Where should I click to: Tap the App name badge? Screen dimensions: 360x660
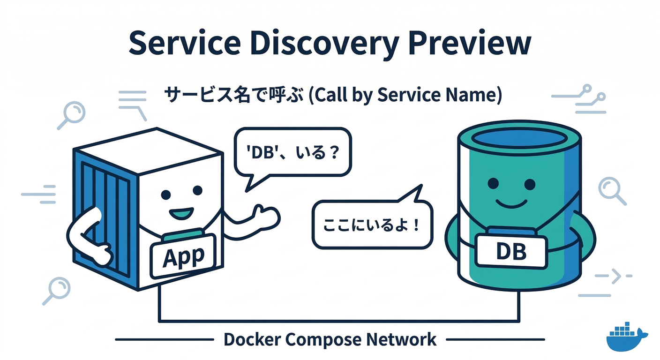183,255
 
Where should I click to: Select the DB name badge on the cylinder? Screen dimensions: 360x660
511,252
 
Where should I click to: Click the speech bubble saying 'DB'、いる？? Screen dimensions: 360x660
292,153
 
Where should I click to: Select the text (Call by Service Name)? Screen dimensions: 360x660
405,95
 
